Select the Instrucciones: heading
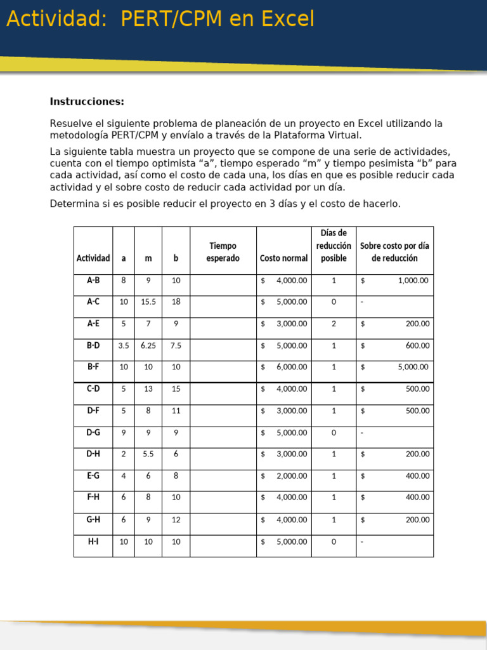(x=87, y=102)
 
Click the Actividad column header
(x=93, y=258)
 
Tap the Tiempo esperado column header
(x=223, y=252)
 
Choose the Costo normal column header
(x=283, y=258)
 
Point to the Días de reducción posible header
(x=334, y=246)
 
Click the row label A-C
(x=93, y=302)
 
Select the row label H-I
(x=93, y=541)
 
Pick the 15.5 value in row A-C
(x=148, y=302)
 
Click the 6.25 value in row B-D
(x=148, y=346)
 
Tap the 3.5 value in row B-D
(x=124, y=346)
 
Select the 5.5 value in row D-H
(x=148, y=454)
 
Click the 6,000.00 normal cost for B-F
(x=291, y=367)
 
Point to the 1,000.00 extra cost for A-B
(x=413, y=281)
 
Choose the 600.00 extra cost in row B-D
(x=417, y=346)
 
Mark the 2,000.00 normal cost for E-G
(x=291, y=476)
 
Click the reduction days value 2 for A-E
(x=334, y=324)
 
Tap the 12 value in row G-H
(x=176, y=520)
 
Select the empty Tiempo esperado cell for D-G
(x=223, y=433)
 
